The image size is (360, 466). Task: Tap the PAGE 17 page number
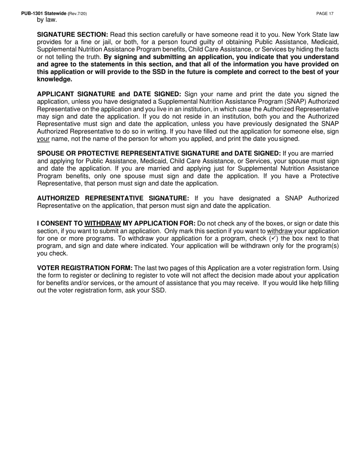point(325,14)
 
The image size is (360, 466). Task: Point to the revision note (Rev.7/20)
point(77,14)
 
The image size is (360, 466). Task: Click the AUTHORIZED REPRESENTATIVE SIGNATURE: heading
point(113,198)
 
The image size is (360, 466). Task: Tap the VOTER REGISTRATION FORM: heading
point(85,268)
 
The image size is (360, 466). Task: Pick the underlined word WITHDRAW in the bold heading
point(103,224)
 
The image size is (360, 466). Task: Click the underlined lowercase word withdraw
point(280,231)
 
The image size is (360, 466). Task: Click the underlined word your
point(43,139)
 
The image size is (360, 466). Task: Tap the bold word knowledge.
point(55,79)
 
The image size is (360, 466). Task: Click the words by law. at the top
point(47,20)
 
